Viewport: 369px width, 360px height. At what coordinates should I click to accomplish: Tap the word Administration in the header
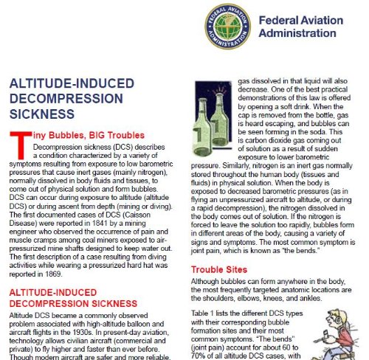tap(318, 35)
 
